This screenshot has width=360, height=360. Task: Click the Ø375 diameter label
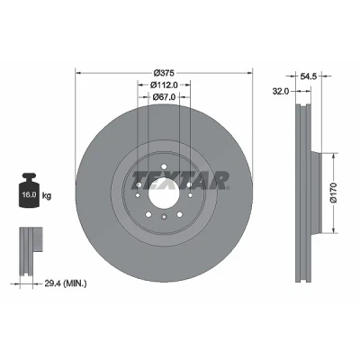164,73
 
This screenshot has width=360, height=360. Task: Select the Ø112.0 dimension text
164,85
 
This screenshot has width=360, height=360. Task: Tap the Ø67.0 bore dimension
164,97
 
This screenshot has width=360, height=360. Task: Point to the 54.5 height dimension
309,76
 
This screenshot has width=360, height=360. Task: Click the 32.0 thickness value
280,92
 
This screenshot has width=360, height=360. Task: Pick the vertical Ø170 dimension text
334,193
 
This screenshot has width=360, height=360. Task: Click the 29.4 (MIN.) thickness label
66,283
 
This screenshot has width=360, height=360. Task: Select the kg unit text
47,196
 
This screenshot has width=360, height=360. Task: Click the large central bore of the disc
164,191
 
